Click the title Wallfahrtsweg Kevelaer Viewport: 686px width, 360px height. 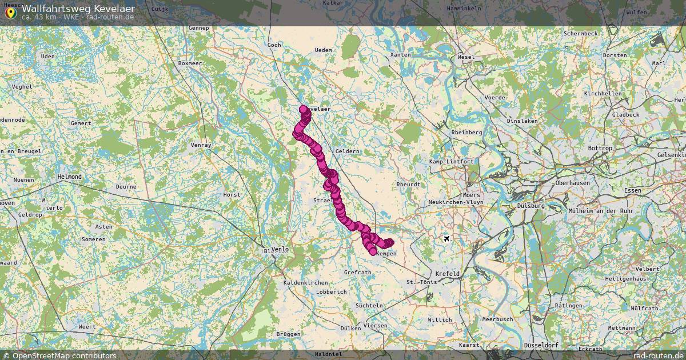[78, 9]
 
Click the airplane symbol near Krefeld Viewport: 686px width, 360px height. [447, 238]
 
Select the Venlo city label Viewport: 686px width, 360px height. [280, 250]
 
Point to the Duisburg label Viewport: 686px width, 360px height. [531, 206]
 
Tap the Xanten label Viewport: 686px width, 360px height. [400, 55]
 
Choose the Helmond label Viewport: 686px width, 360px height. [70, 177]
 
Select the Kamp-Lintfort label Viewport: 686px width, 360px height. [452, 162]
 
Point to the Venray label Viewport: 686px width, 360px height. [201, 145]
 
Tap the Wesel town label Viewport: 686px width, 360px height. [466, 57]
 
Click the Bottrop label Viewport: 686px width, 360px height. [600, 149]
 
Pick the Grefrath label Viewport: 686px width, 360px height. [358, 273]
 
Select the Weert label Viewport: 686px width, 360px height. [87, 326]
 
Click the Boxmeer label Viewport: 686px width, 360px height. [190, 63]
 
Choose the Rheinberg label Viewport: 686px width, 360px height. [466, 133]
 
